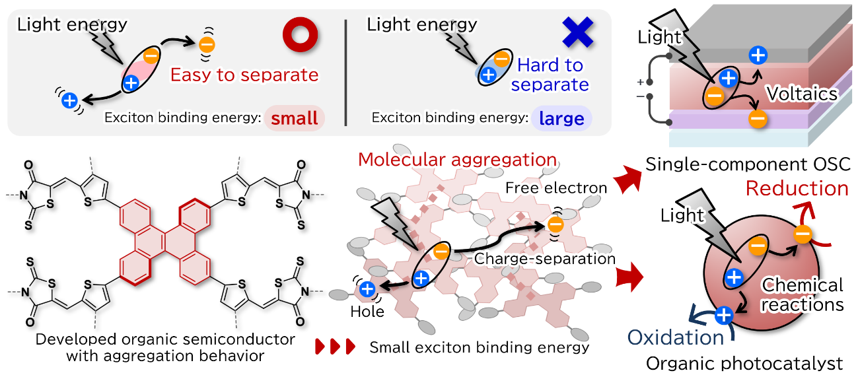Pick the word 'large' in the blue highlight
(561, 119)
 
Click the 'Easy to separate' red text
(244, 75)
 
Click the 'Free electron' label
(556, 188)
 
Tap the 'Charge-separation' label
(545, 258)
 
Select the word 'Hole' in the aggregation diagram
(368, 311)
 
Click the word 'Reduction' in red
(796, 188)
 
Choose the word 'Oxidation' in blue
(675, 337)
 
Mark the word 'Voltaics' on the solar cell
(802, 94)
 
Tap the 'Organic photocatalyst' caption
(744, 363)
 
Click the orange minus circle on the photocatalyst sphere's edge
(803, 234)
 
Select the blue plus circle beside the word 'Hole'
(367, 289)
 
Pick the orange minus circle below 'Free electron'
(555, 225)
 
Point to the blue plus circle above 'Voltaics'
(758, 56)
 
